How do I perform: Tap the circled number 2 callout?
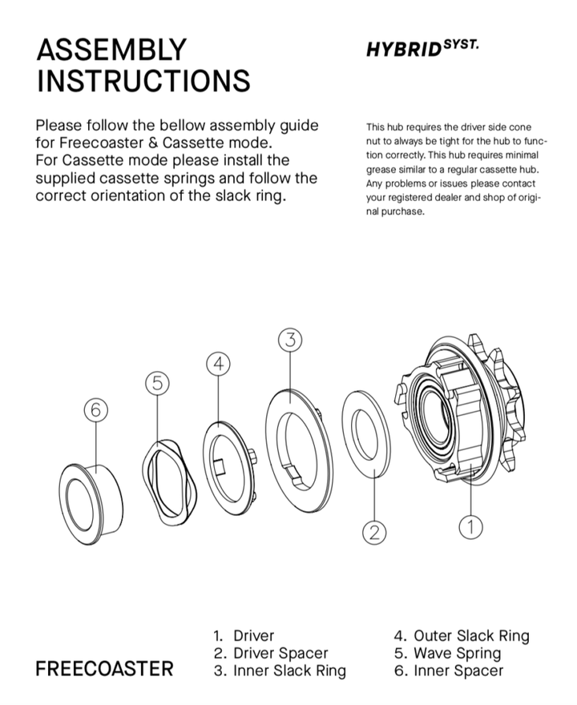click(374, 531)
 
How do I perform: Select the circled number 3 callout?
click(290, 340)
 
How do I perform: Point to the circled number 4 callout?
click(218, 363)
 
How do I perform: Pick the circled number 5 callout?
click(158, 383)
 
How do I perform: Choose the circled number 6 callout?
click(95, 410)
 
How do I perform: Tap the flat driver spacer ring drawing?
click(366, 434)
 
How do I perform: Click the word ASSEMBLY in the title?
click(111, 50)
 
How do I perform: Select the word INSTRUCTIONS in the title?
click(143, 81)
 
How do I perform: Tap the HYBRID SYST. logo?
click(422, 48)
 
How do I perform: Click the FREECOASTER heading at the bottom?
click(104, 669)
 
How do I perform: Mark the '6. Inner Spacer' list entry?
click(448, 671)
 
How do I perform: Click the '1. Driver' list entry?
click(244, 635)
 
